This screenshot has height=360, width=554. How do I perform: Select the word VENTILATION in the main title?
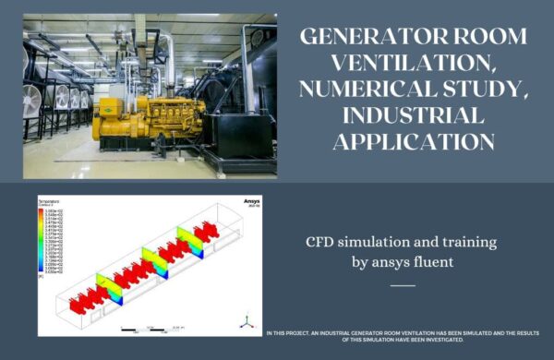pos(415,66)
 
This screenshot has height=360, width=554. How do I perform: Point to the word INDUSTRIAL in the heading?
pos(415,118)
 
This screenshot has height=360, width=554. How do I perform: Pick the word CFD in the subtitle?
pos(322,243)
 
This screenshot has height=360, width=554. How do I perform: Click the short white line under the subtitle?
pos(403,285)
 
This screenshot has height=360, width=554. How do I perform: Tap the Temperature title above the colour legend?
pos(49,199)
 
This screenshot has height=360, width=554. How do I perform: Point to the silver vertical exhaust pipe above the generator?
pos(171,60)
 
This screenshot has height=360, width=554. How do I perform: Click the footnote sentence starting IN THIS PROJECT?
pos(403,336)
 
